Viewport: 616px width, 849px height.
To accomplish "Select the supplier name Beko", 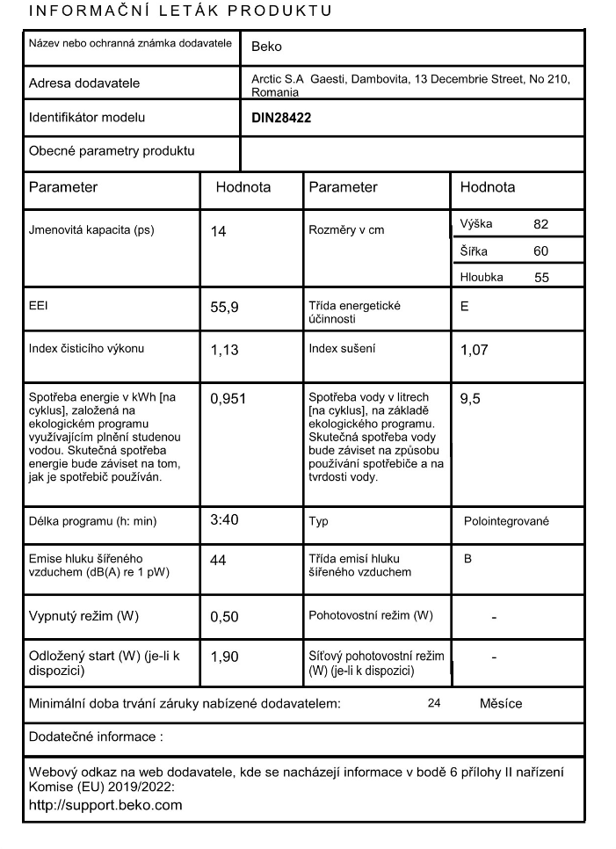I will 266,47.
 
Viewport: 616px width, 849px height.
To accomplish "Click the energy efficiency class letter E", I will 465,307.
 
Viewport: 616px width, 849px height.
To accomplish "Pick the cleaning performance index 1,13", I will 225,351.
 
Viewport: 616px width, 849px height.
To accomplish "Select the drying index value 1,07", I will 475,351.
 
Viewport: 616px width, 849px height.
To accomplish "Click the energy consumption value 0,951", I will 228,399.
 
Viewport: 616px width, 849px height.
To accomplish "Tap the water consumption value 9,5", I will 471,399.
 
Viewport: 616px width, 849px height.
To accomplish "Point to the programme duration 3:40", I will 224,519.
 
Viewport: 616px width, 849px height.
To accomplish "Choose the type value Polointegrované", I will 506,521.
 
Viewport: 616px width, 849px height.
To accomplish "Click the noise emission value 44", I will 219,560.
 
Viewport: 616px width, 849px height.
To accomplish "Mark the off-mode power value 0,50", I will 225,617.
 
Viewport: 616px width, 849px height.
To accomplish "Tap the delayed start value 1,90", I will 225,656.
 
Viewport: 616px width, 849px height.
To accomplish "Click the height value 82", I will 540,224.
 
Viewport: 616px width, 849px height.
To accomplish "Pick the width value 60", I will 540,251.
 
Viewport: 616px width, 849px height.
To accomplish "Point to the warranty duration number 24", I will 434,704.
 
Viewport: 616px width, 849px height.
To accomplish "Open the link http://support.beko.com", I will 105,804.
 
